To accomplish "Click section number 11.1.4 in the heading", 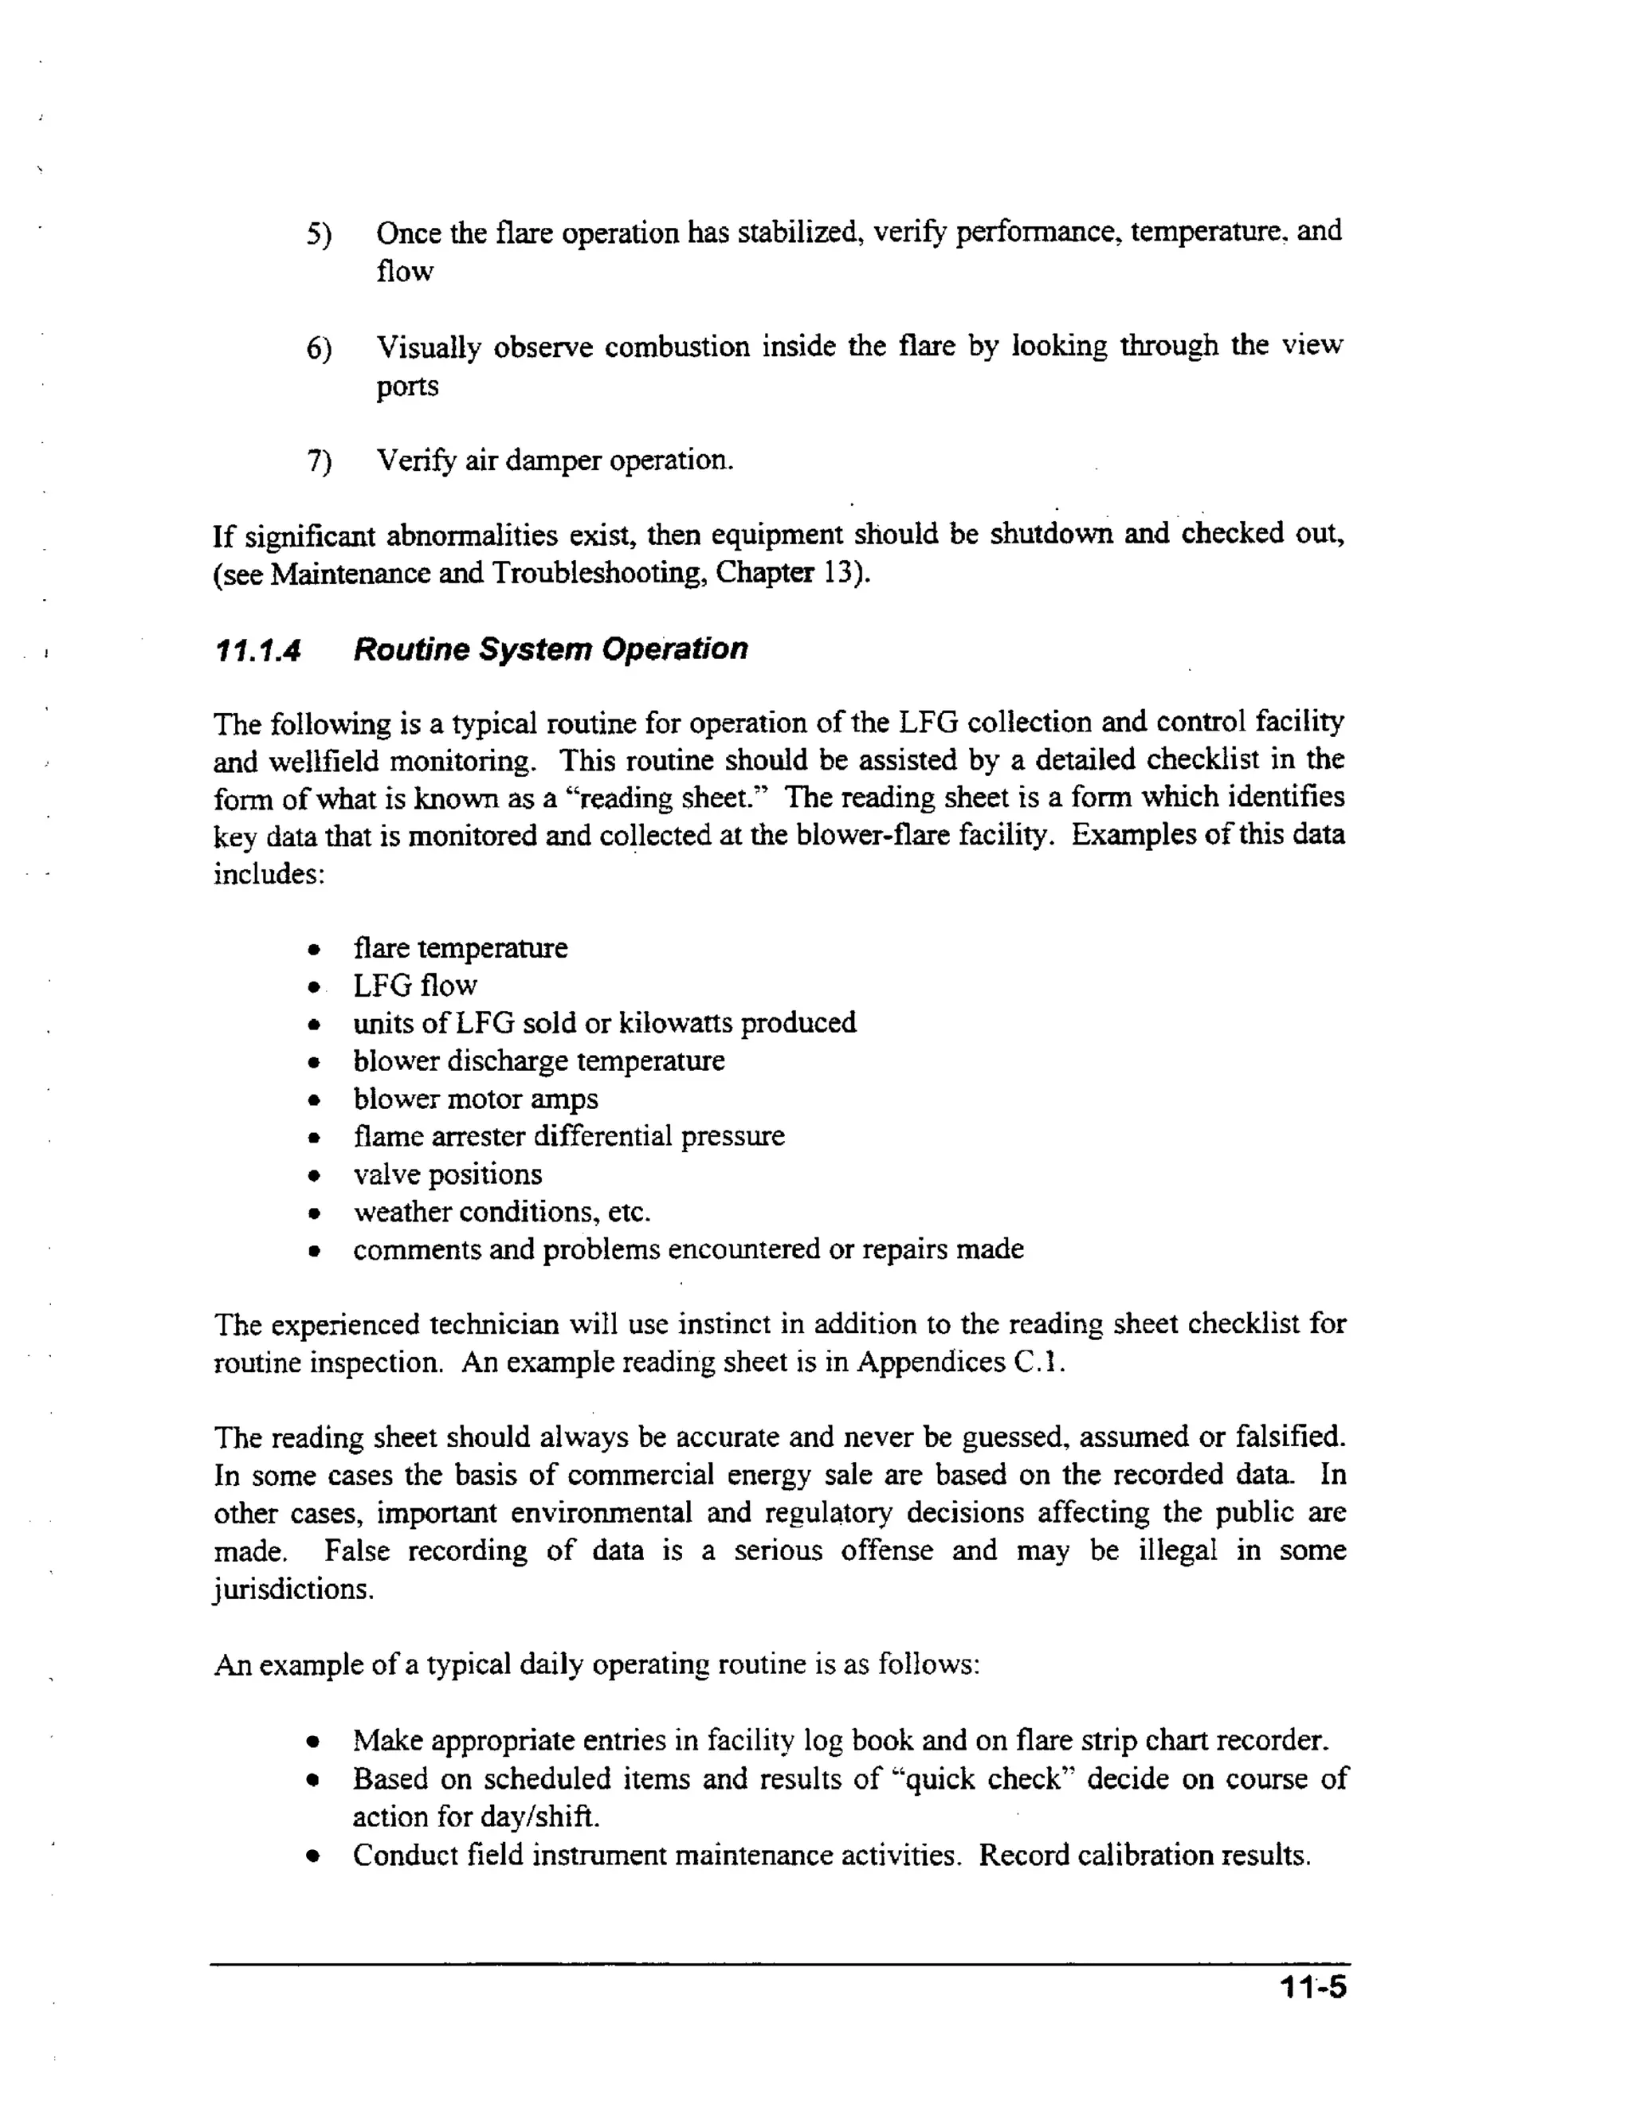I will coord(256,650).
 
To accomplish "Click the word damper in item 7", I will coord(555,461).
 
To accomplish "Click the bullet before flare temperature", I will coord(314,951).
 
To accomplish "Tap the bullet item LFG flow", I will coord(415,986).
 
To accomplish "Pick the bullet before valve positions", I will coord(314,1177).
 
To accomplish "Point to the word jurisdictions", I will coord(292,1590).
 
